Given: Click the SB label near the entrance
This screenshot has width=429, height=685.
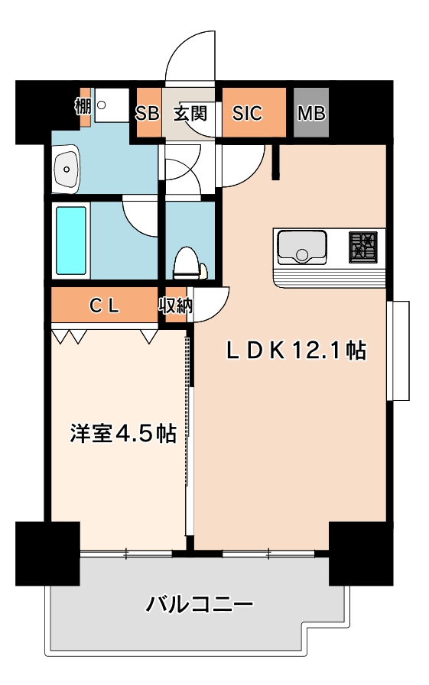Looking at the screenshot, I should pyautogui.click(x=146, y=113).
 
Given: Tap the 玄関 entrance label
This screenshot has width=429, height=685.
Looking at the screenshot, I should pyautogui.click(x=190, y=113).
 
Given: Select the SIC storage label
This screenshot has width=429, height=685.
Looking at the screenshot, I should pyautogui.click(x=247, y=113).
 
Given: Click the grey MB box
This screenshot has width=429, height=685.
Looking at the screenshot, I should pyautogui.click(x=311, y=113).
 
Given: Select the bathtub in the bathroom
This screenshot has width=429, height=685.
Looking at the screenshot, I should pyautogui.click(x=71, y=241).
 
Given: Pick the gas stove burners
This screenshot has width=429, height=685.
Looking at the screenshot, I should pyautogui.click(x=364, y=247).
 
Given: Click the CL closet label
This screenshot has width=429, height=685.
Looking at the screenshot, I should pyautogui.click(x=103, y=306).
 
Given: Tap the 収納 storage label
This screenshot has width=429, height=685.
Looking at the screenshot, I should pyautogui.click(x=175, y=306).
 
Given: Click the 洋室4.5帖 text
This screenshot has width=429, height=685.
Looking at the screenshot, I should pyautogui.click(x=123, y=434).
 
